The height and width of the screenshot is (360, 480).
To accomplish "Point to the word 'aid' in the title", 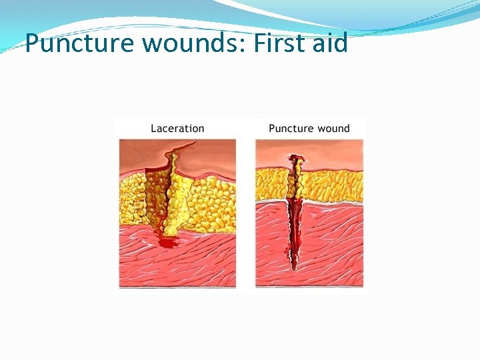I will pos(332,44).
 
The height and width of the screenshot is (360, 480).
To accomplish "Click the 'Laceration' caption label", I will pos(177,128).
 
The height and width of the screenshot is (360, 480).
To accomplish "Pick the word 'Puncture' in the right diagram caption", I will pos(291,128).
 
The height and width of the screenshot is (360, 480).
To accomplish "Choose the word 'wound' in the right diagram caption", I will pos(335,128).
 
